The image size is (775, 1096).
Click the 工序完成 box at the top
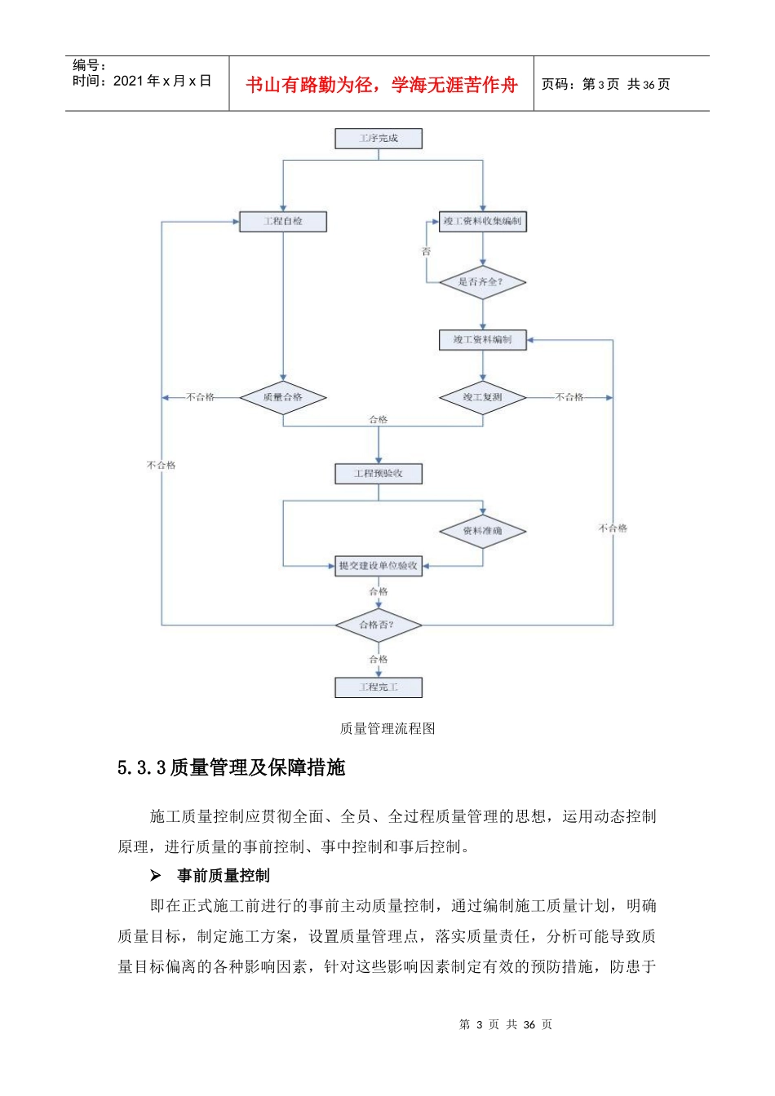click(x=379, y=139)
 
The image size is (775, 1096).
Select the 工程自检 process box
click(x=283, y=221)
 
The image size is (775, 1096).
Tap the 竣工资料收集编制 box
click(x=482, y=221)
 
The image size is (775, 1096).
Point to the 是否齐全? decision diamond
click(x=482, y=282)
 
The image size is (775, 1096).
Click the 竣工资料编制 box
click(x=482, y=339)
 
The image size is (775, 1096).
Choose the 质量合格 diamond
click(x=283, y=397)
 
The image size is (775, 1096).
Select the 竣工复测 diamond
click(x=482, y=397)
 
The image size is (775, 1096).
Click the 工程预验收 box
click(x=379, y=473)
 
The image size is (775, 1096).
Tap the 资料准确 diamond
click(x=482, y=531)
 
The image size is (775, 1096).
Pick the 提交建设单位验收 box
click(x=379, y=565)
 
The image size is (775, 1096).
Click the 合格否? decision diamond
click(x=378, y=625)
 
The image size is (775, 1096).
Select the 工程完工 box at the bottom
click(x=379, y=687)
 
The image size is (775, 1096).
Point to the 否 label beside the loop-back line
click(x=426, y=252)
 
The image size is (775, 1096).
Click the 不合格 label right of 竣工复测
click(x=569, y=397)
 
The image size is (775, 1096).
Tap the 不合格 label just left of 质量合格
click(x=201, y=397)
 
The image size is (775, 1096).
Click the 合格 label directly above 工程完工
click(x=379, y=659)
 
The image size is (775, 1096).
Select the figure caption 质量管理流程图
click(x=387, y=728)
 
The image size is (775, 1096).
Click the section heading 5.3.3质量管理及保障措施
click(x=232, y=767)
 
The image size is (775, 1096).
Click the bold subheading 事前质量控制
click(x=223, y=876)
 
